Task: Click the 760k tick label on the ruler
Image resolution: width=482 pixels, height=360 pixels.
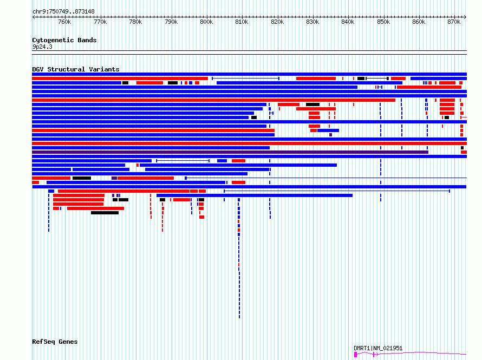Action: [x=64, y=22]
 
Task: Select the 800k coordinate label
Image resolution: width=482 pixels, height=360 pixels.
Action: [x=206, y=22]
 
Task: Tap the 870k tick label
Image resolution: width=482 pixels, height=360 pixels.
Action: [x=454, y=22]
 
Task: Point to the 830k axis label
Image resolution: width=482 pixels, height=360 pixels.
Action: [x=312, y=22]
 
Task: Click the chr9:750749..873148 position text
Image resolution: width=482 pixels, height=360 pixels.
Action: [x=63, y=12]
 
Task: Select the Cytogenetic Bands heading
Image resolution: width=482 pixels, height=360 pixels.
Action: [x=64, y=40]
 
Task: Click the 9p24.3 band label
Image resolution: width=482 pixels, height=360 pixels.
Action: [x=42, y=47]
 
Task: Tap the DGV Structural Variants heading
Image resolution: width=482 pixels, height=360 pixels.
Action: [x=76, y=69]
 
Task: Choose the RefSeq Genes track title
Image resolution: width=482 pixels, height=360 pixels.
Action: [x=55, y=342]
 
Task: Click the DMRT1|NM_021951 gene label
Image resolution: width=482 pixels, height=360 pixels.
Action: [x=378, y=348]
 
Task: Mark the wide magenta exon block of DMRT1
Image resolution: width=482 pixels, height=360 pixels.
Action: [x=356, y=355]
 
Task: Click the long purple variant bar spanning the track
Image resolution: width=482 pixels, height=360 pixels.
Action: [x=230, y=152]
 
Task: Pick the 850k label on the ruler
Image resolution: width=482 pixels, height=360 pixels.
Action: [x=383, y=22]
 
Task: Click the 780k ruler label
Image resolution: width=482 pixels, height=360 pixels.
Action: [x=135, y=22]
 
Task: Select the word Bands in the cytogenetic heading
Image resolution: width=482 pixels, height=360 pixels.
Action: [x=87, y=40]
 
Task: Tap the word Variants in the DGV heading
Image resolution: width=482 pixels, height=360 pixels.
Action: [x=104, y=69]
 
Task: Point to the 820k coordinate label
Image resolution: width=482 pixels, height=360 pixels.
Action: [x=277, y=22]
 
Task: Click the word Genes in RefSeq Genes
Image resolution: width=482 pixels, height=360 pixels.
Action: [x=68, y=342]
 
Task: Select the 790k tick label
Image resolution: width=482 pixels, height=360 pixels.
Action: [x=171, y=22]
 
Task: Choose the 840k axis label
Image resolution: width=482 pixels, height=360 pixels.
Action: [x=348, y=22]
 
